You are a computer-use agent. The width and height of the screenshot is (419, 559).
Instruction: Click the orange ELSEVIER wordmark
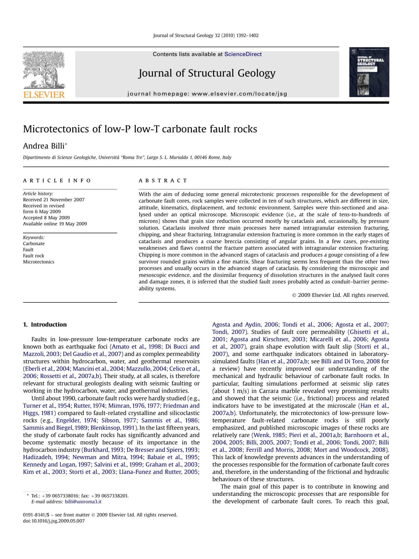44,95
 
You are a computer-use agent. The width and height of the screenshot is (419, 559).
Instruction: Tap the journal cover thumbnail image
369,72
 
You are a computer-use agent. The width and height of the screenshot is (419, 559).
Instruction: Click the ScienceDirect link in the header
243,54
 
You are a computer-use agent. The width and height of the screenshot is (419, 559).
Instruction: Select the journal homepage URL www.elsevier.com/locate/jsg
239,94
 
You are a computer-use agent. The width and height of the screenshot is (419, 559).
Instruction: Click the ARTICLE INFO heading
57,181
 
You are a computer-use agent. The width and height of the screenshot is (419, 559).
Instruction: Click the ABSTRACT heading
163,181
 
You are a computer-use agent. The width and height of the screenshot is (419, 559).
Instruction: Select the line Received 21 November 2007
54,200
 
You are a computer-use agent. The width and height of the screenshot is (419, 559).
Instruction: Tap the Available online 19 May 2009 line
55,224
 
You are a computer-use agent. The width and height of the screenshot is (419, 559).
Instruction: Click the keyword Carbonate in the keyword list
34,243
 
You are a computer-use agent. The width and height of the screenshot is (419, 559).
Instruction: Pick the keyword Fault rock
34,256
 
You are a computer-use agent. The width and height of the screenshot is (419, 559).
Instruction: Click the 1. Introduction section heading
45,324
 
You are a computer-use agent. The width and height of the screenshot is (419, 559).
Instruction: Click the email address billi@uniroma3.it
83,502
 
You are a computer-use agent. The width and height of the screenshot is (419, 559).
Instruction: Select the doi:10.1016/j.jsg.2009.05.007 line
54,521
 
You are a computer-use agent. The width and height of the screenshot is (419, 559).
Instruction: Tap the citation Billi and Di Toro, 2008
350,361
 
